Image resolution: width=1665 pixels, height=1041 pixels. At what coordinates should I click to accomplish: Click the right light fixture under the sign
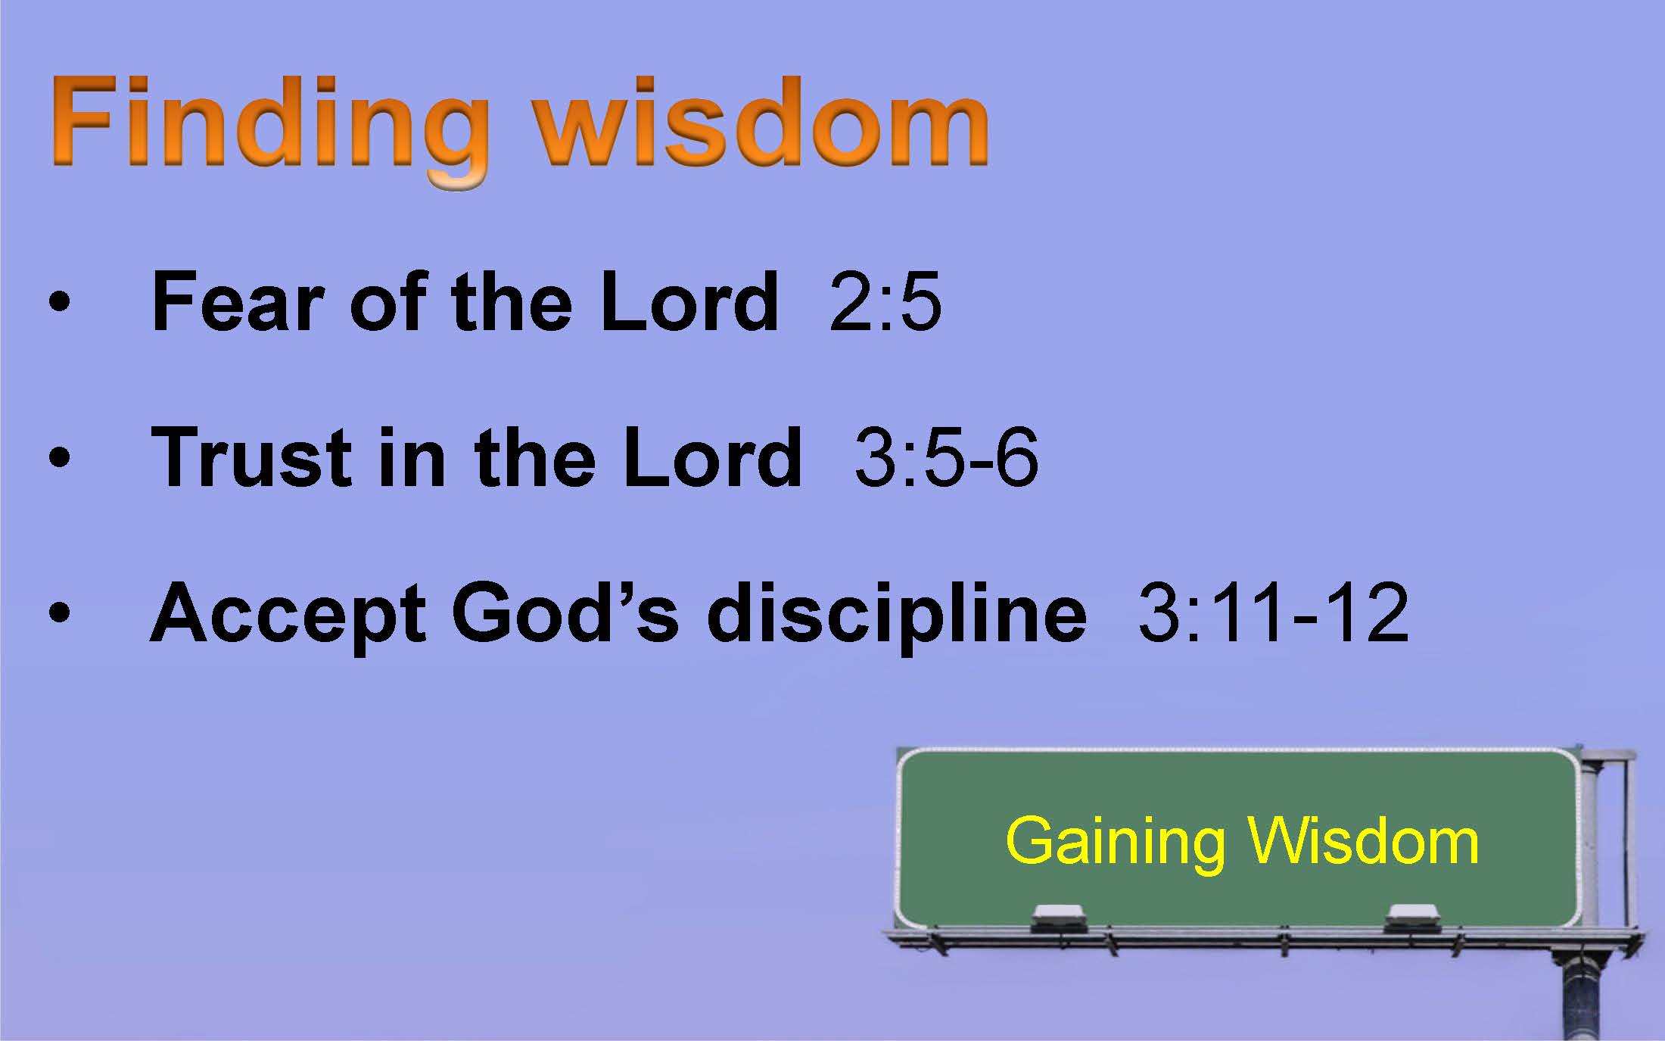(1412, 918)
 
